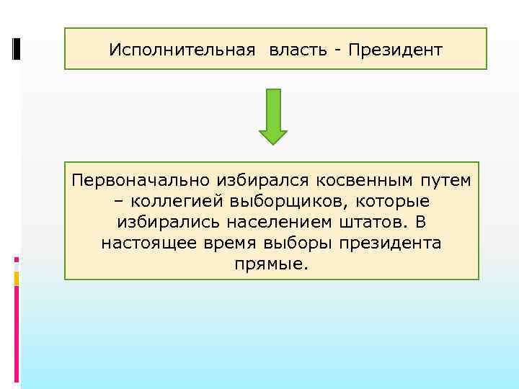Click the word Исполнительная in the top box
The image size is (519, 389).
[x=182, y=50]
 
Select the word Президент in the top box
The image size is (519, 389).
[x=396, y=50]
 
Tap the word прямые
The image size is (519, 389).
[x=271, y=264]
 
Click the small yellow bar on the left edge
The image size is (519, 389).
[x=17, y=278]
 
